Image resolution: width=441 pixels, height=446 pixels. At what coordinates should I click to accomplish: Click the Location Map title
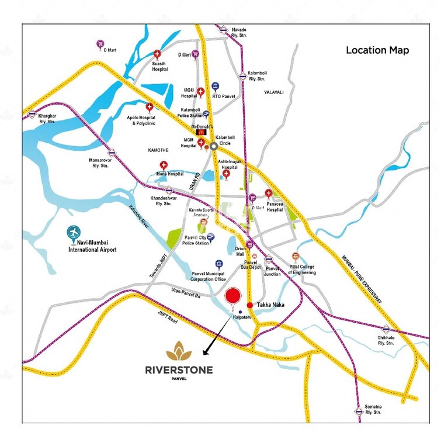click(377, 50)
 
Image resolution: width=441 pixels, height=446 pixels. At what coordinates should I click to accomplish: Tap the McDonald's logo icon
click(201, 133)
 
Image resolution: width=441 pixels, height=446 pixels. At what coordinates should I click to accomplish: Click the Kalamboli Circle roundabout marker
click(214, 147)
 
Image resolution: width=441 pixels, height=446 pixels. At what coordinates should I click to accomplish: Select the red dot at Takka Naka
click(250, 305)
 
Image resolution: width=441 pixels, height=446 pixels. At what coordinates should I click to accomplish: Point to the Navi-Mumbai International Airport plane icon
click(74, 233)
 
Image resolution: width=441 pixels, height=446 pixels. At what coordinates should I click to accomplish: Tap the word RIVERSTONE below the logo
click(179, 369)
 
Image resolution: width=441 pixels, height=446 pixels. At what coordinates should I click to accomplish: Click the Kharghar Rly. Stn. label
click(47, 119)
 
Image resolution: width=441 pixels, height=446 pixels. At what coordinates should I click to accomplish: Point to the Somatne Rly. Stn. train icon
click(359, 411)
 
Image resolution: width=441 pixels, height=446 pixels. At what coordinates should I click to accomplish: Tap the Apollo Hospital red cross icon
click(150, 108)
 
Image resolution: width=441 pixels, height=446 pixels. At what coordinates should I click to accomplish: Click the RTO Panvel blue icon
click(216, 86)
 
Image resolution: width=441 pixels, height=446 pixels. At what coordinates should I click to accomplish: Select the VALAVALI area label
click(273, 92)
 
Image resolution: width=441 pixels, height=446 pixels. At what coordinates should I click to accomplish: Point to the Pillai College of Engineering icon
click(295, 257)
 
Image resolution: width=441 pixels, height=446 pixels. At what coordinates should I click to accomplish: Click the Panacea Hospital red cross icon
click(269, 193)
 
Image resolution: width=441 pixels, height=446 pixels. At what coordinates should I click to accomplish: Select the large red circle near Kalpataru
click(234, 297)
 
